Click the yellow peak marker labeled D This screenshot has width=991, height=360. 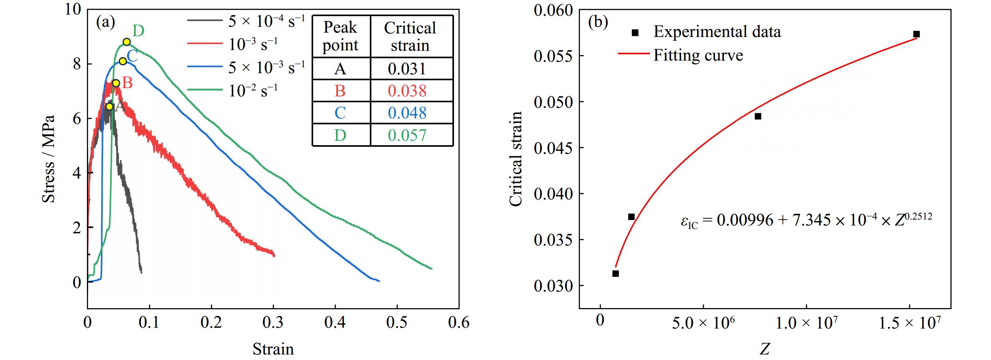(126, 42)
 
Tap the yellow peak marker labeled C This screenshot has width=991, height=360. (123, 61)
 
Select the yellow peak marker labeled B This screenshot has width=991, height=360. (116, 83)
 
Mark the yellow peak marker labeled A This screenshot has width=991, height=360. (109, 107)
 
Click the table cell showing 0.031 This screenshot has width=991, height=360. (407, 69)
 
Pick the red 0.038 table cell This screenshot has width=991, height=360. (407, 91)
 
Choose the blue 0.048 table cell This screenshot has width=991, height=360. (407, 113)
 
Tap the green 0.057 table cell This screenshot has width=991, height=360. (407, 135)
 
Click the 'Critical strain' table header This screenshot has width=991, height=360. (410, 36)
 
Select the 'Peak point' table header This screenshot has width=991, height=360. (340, 36)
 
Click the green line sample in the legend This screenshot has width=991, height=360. (205, 90)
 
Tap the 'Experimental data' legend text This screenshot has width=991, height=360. (717, 32)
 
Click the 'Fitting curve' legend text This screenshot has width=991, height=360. (698, 55)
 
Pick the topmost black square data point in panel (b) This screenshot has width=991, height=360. (916, 34)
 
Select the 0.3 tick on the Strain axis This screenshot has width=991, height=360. (273, 323)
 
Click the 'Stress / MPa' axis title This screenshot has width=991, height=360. (48, 159)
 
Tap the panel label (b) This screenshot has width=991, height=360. (598, 22)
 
